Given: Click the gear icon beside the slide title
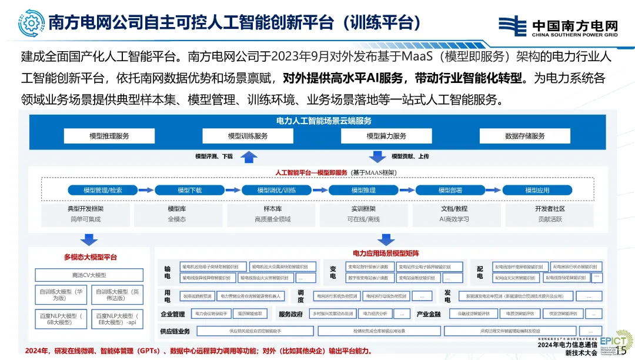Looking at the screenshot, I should [31, 22].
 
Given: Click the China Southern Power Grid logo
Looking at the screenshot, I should [558, 26].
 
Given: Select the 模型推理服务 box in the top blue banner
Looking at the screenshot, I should [109, 136].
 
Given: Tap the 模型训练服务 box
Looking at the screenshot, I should [248, 136].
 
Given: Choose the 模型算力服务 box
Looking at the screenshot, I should [386, 136].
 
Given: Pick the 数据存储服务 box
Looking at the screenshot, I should [525, 136].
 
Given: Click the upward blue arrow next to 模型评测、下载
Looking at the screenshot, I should [249, 156].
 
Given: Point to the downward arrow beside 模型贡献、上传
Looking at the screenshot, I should [376, 156].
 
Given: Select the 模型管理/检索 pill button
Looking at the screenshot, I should [103, 190].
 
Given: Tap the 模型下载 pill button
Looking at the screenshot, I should [189, 190].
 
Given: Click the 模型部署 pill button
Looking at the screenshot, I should [450, 190].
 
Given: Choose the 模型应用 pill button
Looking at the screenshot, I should [537, 190].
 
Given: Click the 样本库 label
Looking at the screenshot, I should [272, 209].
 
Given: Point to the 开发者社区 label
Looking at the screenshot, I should [550, 209].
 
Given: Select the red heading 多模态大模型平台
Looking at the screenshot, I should [91, 257].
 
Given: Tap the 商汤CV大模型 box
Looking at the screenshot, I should [89, 275].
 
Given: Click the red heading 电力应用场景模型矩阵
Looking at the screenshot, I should [386, 254].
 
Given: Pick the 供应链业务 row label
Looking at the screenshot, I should [175, 331].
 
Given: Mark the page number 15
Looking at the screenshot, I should [620, 351].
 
